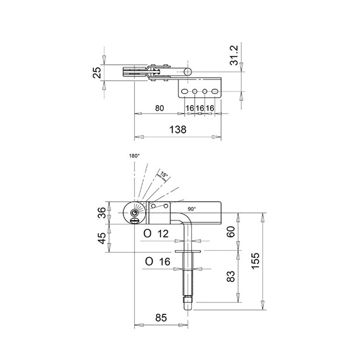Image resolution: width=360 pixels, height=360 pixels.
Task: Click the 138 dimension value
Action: pos(178,130)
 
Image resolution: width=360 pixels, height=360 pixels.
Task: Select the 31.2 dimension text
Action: pos(234,55)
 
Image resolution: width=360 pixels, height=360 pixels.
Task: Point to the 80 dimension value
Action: pos(160,108)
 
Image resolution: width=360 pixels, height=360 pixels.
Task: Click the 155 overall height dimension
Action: pos(255,261)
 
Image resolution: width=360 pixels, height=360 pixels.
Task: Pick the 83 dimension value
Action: pos(231,276)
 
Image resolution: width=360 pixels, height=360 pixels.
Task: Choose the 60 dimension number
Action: pos(231,232)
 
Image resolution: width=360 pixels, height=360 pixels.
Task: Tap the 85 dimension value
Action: pos(161,318)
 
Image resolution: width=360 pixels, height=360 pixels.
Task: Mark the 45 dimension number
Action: pos(103,238)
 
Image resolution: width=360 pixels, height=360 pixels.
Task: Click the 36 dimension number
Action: pos(103,212)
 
